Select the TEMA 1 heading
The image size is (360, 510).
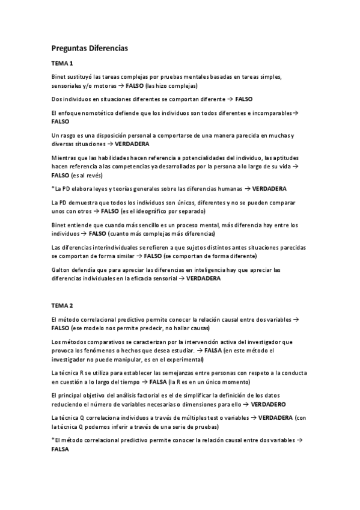tap(62, 63)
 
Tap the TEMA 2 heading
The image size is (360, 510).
tap(62, 305)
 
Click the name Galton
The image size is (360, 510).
tap(61, 270)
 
